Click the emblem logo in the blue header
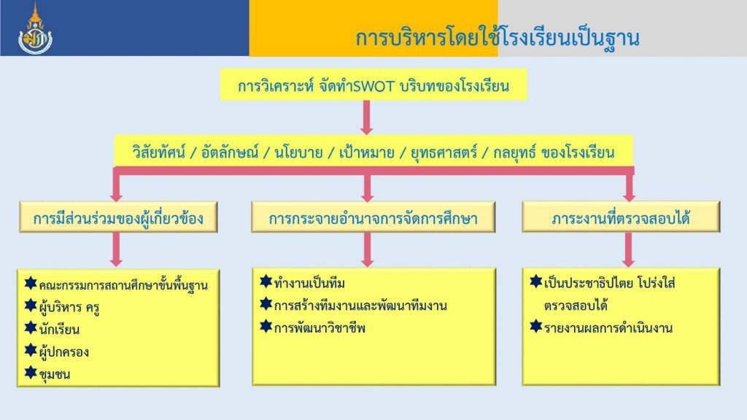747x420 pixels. click(x=35, y=28)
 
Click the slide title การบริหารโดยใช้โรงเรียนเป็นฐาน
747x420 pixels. click(x=497, y=38)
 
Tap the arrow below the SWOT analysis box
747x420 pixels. click(x=366, y=117)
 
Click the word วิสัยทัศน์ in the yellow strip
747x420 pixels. click(x=158, y=152)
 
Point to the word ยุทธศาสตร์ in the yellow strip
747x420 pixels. click(x=444, y=153)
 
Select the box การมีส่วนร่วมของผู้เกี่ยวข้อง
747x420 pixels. click(x=118, y=217)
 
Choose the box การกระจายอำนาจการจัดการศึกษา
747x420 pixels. click(x=373, y=217)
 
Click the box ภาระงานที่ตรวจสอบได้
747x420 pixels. click(x=621, y=217)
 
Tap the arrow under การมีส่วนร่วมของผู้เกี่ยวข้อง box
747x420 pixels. click(x=116, y=249)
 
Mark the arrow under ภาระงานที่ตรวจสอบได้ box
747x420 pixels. click(x=628, y=249)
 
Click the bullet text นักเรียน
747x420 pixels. click(x=59, y=330)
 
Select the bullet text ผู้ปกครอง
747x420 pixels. click(x=64, y=352)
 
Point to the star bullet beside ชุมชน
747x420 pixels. click(x=31, y=373)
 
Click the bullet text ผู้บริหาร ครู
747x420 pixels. click(x=69, y=307)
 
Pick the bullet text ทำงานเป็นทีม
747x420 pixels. click(x=309, y=284)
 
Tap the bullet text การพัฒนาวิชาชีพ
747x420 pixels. click(x=320, y=327)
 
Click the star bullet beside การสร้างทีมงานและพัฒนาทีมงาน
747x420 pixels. click(x=266, y=303)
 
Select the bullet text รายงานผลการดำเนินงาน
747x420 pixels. click(x=608, y=327)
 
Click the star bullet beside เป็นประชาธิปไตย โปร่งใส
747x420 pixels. click(x=536, y=281)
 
